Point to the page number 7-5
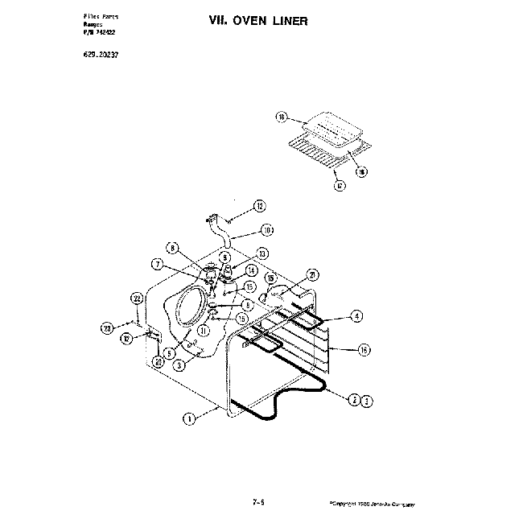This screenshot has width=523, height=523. (259, 503)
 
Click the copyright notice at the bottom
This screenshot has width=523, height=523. (372, 504)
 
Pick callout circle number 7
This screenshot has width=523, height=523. (158, 264)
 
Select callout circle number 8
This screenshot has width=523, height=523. (171, 248)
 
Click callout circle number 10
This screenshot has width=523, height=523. (266, 230)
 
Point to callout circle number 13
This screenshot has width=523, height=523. (261, 253)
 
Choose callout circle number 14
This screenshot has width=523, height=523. (251, 270)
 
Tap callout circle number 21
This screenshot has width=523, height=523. (312, 274)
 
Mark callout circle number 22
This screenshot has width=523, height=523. (138, 299)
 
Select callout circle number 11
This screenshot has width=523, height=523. (204, 330)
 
